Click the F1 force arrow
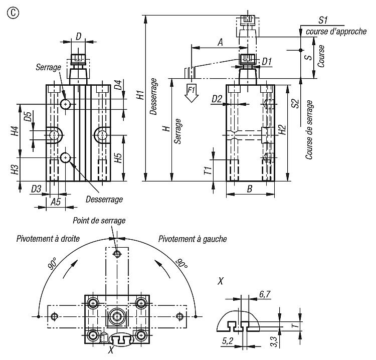coord(191,93)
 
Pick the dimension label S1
coord(323,20)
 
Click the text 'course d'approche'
coord(329,32)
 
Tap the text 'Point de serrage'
coord(99,220)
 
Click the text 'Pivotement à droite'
coord(48,239)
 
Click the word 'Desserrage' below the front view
coord(104,199)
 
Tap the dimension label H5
coord(118,159)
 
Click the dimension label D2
coord(217,99)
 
